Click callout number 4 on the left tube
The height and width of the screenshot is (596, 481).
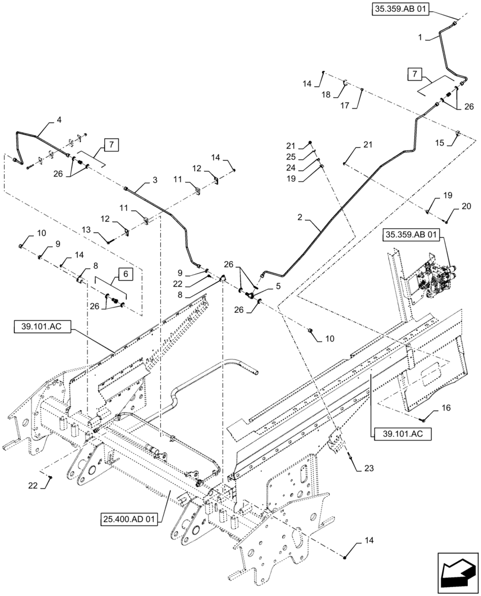[x=58, y=120]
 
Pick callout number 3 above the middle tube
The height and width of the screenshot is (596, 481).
[x=138, y=179]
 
